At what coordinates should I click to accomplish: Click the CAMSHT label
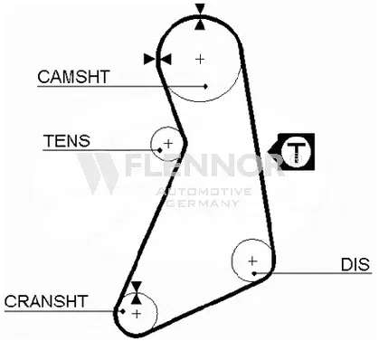point(72,77)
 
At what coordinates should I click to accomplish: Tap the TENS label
point(66,141)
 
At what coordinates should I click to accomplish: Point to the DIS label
point(355,264)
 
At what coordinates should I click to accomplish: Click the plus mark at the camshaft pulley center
point(200,59)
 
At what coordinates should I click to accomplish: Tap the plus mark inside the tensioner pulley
point(167,142)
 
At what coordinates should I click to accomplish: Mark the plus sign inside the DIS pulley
point(253,261)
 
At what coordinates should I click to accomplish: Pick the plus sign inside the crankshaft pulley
point(136,313)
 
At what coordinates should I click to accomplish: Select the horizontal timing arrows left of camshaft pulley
point(157,59)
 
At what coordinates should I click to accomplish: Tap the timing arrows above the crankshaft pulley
point(136,291)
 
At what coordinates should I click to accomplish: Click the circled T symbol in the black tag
point(296,150)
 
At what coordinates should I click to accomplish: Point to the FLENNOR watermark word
point(204,166)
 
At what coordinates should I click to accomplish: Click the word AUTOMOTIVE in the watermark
point(204,192)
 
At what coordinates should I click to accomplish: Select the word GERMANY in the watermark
point(204,204)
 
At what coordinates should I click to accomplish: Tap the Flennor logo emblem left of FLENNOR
point(98,170)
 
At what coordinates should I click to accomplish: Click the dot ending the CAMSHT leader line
point(207,86)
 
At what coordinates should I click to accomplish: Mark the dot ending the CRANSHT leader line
point(121,310)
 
